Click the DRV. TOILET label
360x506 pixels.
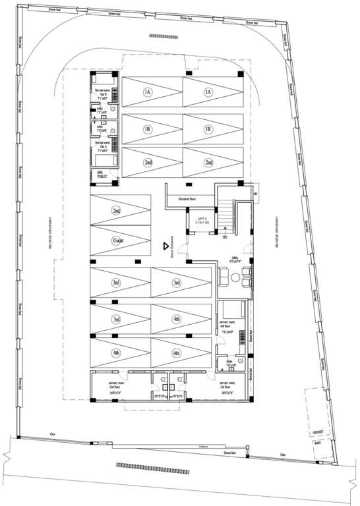point(102,174)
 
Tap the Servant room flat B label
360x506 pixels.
point(103,93)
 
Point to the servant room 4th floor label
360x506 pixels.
point(229,325)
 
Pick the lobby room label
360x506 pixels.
point(235,259)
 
